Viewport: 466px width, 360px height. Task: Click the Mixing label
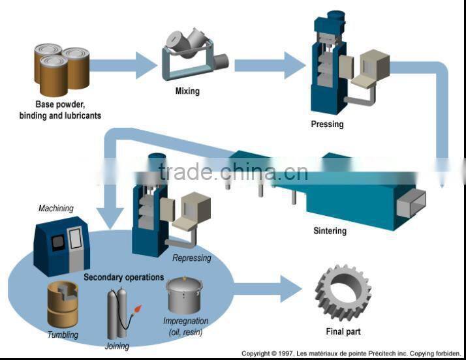187,91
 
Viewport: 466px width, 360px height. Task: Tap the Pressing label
327,124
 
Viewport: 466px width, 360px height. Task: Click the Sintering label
330,231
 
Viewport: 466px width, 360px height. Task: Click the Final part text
343,331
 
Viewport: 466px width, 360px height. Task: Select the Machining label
56,209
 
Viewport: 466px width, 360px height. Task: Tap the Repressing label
192,258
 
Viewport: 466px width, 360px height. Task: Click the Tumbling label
63,335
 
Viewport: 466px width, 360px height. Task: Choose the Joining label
117,346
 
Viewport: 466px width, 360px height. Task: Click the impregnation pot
185,297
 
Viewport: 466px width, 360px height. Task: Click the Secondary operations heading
123,277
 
